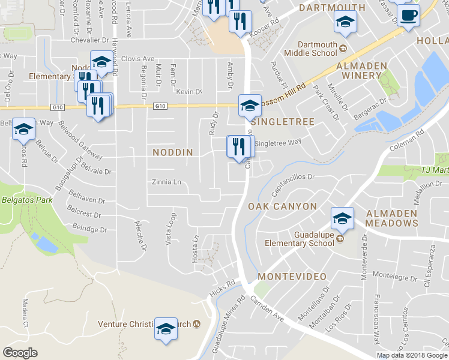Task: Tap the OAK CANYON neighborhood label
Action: coord(282,206)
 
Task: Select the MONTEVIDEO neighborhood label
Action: coord(292,277)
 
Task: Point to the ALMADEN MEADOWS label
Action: coord(384,218)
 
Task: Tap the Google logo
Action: coord(20,353)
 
